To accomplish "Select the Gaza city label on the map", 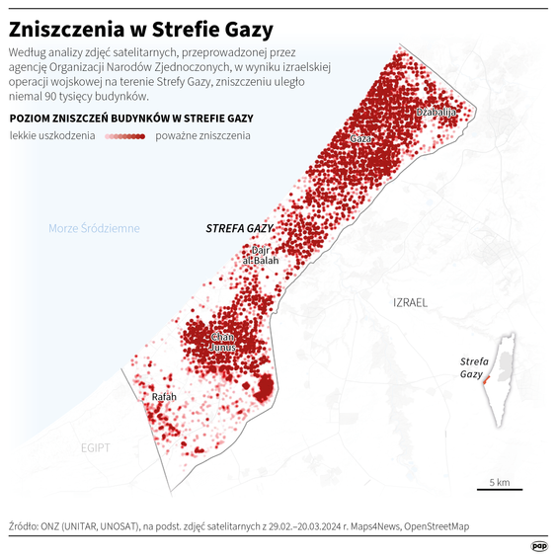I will [361, 139].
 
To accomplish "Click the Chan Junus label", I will [223, 342].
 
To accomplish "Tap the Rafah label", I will [163, 397].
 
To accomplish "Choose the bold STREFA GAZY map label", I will [239, 228].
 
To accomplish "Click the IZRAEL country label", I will [410, 302].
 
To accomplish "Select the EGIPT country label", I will [96, 447].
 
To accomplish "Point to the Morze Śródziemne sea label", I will [95, 229].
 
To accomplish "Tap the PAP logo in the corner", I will [539, 544].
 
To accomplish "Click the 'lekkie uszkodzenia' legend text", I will [52, 135].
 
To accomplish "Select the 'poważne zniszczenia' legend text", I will [202, 135].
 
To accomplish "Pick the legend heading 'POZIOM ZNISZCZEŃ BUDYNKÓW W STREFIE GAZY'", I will [131, 118].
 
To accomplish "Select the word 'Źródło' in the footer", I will [23, 527].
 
